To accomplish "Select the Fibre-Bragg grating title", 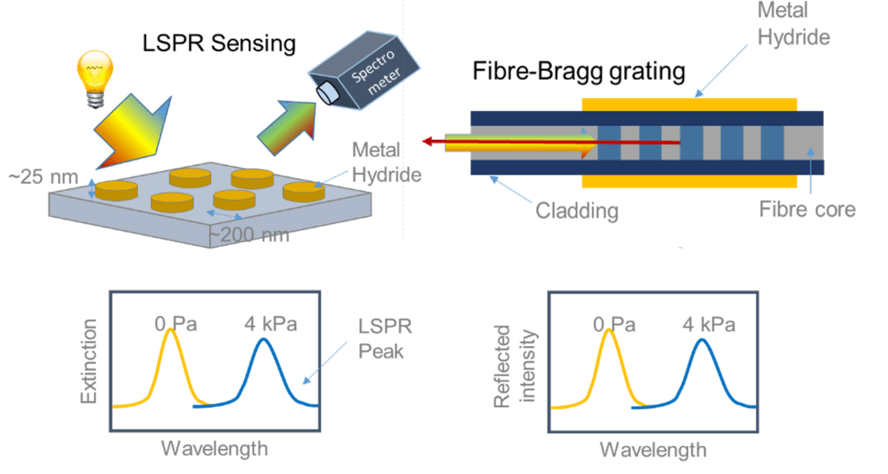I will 579,71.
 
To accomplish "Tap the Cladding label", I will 576,210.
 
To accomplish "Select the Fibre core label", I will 807,209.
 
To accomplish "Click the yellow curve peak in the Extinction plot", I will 170,339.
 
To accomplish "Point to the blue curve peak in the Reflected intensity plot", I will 702,339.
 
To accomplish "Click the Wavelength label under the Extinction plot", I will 214,448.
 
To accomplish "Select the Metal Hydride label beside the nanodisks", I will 386,164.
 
